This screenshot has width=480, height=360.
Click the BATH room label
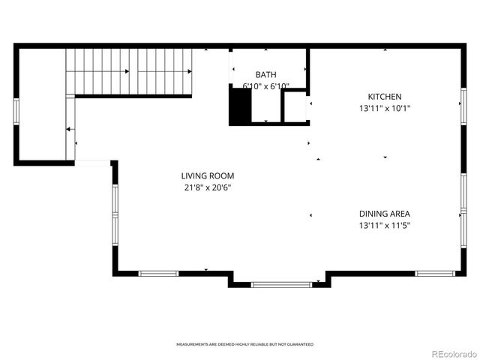pos(265,74)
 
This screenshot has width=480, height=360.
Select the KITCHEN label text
pos(384,97)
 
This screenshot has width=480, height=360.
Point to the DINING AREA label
pos(384,214)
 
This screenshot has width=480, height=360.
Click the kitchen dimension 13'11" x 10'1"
pos(384,108)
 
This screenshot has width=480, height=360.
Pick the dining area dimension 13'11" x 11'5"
pos(384,225)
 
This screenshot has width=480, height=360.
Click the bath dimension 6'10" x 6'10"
pos(265,86)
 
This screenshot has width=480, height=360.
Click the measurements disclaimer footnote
pos(244,344)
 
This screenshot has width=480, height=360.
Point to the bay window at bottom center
pos(280,284)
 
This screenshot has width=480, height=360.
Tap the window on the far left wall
pos(16,109)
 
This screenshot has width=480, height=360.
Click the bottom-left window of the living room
pos(159,274)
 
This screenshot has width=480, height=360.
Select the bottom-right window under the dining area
pos(435,274)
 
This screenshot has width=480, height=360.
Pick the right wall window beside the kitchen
pos(463,109)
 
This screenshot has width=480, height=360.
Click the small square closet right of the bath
pos(294,107)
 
